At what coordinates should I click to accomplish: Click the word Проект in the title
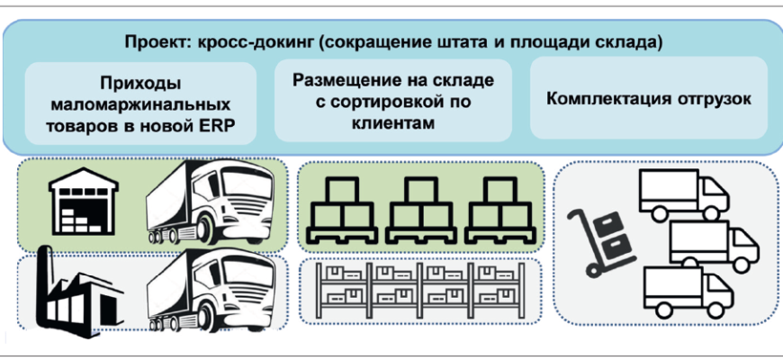(149, 42)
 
